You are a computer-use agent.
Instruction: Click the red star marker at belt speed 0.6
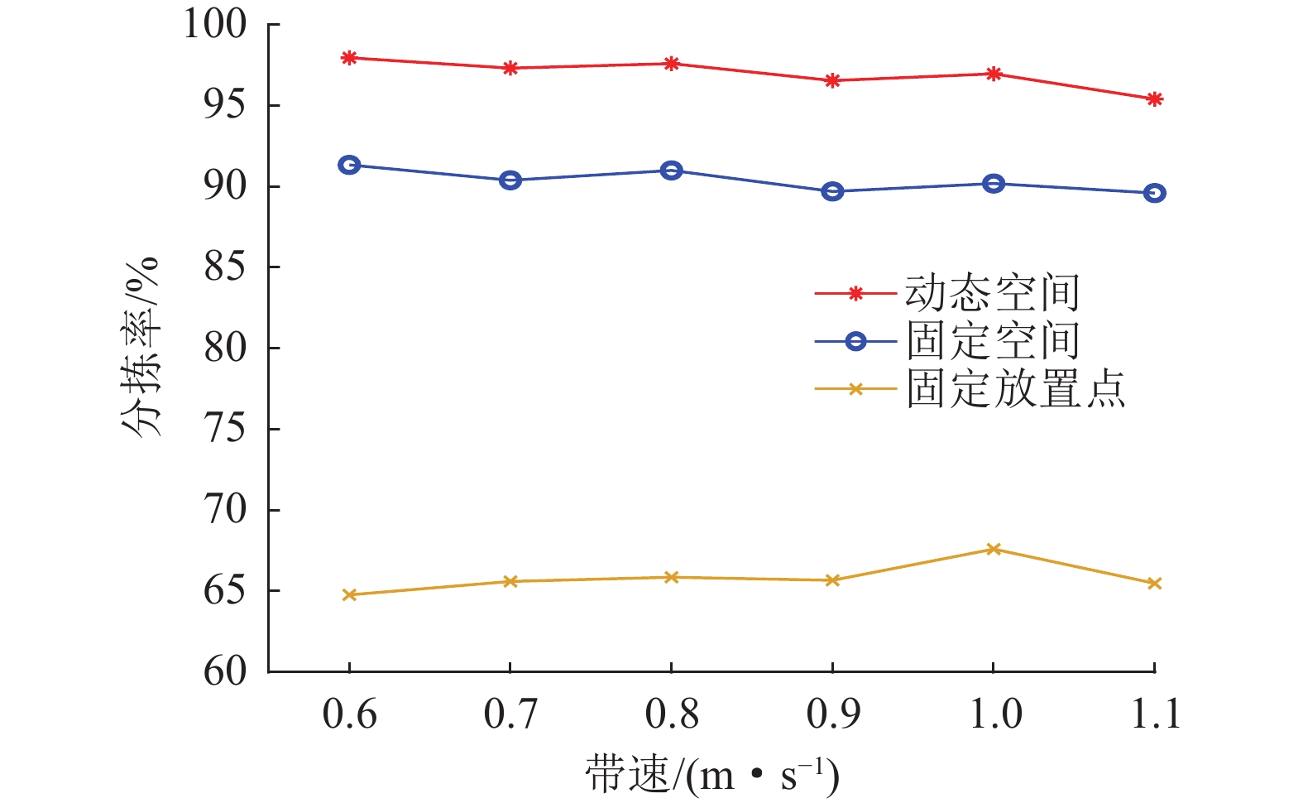(x=349, y=58)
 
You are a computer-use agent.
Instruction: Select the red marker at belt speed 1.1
(x=1155, y=99)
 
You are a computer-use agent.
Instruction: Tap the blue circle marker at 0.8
(x=672, y=171)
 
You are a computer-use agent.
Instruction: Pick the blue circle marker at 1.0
(x=994, y=184)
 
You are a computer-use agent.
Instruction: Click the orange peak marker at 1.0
(x=994, y=549)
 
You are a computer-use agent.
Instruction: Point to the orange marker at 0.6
(x=349, y=594)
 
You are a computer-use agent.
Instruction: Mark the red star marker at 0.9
(x=832, y=80)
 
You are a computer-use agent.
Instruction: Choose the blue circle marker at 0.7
(x=510, y=180)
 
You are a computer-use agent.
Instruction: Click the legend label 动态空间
(x=992, y=293)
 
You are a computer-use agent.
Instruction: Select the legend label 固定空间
(x=992, y=341)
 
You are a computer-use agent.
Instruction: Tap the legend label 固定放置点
(x=1015, y=388)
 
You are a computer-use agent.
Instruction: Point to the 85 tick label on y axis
(x=225, y=267)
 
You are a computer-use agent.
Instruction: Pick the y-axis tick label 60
(x=225, y=671)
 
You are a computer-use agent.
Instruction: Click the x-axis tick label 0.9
(x=832, y=714)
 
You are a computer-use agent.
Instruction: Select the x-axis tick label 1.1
(x=1155, y=714)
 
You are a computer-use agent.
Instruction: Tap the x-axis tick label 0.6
(x=349, y=714)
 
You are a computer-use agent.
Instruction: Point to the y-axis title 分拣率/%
(x=139, y=348)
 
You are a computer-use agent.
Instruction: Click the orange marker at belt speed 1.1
(x=1155, y=584)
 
